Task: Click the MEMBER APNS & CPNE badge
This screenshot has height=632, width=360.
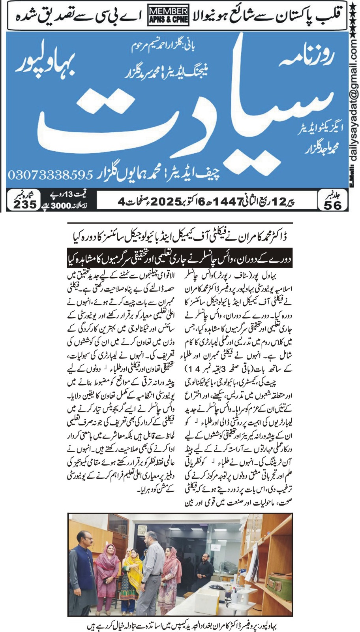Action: (x=169, y=15)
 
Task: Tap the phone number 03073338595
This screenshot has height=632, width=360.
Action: (x=50, y=174)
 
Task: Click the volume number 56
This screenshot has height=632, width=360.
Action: (x=332, y=205)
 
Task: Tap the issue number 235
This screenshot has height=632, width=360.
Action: (x=25, y=204)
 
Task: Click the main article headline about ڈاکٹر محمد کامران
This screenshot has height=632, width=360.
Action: (x=180, y=237)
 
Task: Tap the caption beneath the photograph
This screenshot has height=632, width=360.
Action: (x=180, y=626)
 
